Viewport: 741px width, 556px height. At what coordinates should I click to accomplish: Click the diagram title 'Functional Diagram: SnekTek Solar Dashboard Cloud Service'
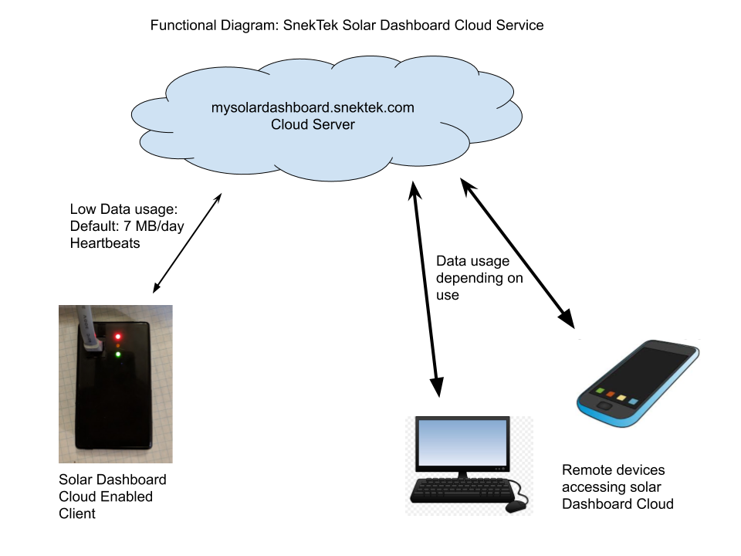[347, 25]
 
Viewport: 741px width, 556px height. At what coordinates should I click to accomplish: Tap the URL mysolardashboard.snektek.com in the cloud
[313, 108]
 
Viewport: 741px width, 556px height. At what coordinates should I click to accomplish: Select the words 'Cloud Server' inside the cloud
[313, 124]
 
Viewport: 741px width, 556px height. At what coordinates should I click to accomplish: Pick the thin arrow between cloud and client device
[188, 242]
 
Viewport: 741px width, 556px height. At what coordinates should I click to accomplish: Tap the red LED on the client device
[118, 336]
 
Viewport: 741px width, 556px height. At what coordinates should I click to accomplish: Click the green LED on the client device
[118, 355]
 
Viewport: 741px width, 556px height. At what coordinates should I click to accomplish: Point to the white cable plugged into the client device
[87, 328]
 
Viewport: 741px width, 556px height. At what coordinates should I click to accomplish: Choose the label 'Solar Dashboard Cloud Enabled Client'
[113, 496]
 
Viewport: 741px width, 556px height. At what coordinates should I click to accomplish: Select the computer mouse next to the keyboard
[516, 507]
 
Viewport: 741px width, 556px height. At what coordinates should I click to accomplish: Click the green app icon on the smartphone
[599, 392]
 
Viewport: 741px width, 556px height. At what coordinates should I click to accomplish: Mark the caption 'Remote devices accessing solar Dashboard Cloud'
[617, 486]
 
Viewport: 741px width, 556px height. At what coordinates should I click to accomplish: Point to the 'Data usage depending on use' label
[472, 278]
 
